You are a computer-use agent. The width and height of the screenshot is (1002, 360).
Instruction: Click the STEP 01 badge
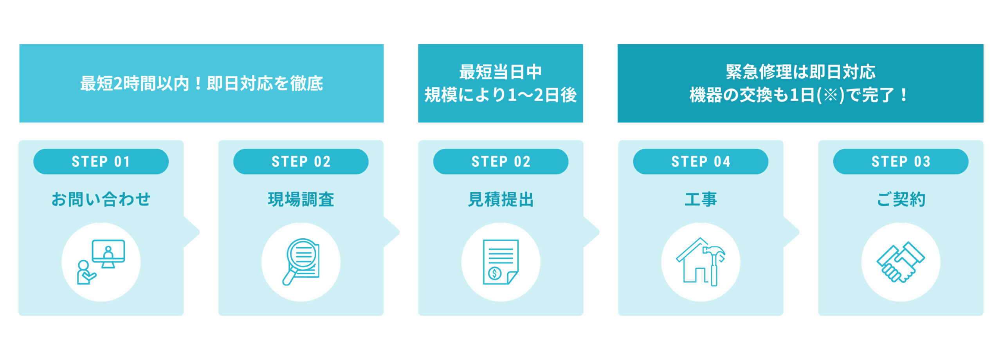point(101,162)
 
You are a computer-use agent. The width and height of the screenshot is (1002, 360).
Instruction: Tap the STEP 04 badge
point(701,162)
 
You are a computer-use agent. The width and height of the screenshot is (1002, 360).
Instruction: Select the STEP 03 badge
point(901,162)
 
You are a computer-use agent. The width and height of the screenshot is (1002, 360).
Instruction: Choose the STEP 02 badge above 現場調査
point(301,162)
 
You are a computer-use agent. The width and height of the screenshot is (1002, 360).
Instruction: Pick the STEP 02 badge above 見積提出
point(501,162)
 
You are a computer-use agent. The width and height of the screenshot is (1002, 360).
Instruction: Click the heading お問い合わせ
point(101,199)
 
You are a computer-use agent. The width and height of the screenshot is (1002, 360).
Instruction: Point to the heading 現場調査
point(301,199)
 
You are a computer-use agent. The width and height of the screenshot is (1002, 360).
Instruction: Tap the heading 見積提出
point(501,199)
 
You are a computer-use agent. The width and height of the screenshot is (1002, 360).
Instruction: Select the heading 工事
point(701,199)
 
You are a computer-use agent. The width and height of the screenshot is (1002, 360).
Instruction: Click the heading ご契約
point(901,199)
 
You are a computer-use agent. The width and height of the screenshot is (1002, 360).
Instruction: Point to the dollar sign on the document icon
point(494,273)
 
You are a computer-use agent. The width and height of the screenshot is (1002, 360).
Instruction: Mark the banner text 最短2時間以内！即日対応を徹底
point(201,83)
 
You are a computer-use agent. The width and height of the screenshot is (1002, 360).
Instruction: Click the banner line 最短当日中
point(500,72)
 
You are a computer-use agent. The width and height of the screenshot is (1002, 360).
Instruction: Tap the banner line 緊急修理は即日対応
point(800,72)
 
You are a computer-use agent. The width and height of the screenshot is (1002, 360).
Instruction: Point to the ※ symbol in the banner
point(830,95)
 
